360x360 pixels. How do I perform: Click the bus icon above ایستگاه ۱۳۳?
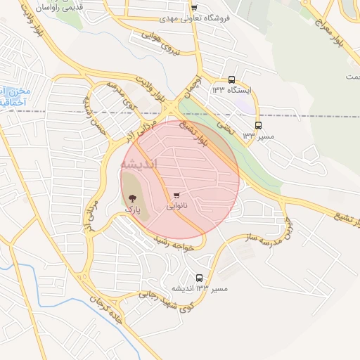(232, 81)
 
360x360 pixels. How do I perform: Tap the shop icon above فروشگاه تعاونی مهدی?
(194, 8)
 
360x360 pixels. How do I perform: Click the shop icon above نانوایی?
(176, 196)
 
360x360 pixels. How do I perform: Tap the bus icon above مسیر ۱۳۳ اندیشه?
(199, 278)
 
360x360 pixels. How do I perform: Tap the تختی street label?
(224, 126)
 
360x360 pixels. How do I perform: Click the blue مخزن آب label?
(14, 91)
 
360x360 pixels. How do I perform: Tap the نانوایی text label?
(176, 207)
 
